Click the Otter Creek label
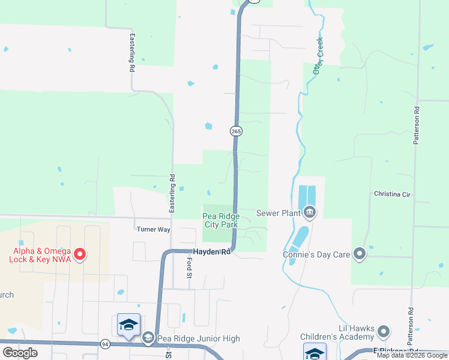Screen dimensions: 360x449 [x=318, y=56]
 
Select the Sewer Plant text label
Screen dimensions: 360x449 [x=277, y=212]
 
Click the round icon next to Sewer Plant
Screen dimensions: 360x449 [x=310, y=212]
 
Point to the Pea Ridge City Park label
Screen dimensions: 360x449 [x=220, y=220]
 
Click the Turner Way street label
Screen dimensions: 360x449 [x=154, y=229]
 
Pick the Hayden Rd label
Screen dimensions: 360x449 [x=211, y=252]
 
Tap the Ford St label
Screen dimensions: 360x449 [x=188, y=268]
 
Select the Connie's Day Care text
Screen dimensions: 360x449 [x=316, y=254]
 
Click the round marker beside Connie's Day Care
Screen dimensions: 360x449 [x=360, y=254]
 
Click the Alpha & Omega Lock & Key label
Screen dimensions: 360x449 [x=40, y=255]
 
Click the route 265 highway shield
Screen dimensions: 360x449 [x=236, y=130]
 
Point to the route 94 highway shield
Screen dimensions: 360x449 [x=105, y=344]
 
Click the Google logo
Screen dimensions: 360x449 [x=20, y=353]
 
